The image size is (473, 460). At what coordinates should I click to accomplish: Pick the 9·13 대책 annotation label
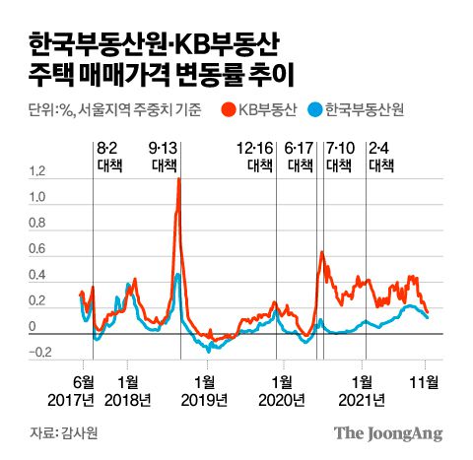pyautogui.click(x=164, y=157)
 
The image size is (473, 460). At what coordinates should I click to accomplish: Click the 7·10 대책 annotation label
pyautogui.click(x=339, y=157)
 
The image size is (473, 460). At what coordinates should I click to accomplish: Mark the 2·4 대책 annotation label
pyautogui.click(x=380, y=157)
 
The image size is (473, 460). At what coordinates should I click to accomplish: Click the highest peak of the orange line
pyautogui.click(x=178, y=179)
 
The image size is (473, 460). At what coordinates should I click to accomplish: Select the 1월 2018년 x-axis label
pyautogui.click(x=128, y=389)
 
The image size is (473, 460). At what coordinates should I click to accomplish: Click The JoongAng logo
pyautogui.click(x=387, y=433)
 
